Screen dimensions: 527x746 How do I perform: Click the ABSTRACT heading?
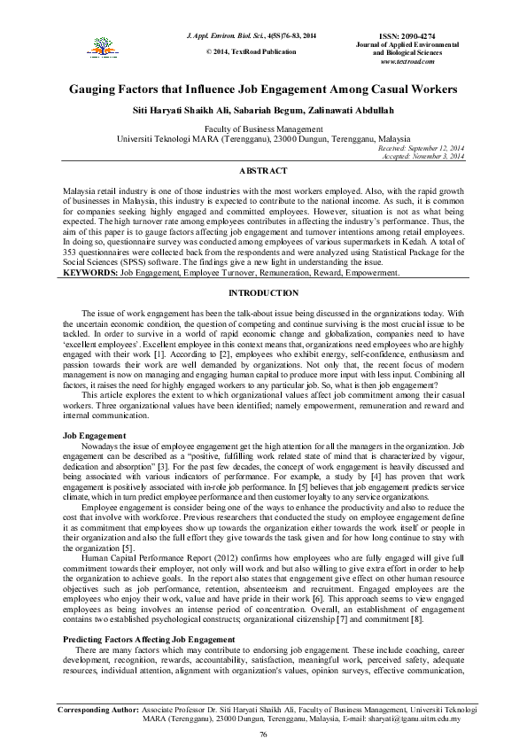click(263, 170)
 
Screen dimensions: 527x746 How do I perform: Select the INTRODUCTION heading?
click(263, 292)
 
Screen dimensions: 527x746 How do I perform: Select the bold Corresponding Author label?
click(98, 710)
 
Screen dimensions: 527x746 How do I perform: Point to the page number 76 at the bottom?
click(263, 735)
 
